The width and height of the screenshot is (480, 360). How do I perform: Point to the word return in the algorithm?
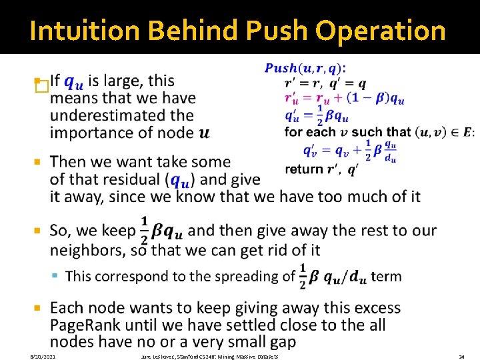click(x=304, y=169)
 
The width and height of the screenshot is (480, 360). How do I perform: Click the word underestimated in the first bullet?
click(x=122, y=115)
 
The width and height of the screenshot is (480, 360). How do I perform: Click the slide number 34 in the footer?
click(x=461, y=357)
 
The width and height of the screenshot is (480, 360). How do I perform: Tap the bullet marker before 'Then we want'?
click(x=38, y=162)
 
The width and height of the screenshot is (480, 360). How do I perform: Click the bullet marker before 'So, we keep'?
click(x=38, y=231)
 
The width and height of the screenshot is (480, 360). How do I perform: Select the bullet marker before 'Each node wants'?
click(x=38, y=309)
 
